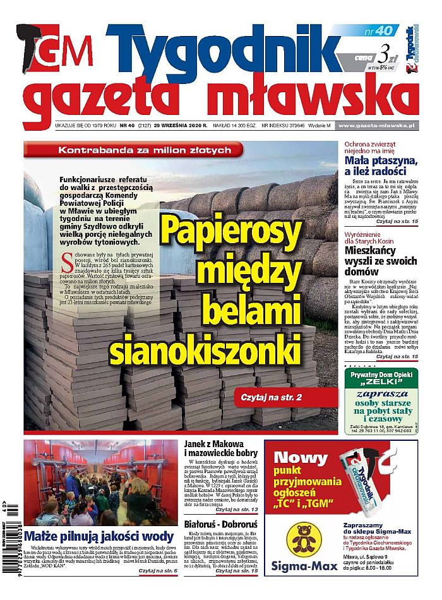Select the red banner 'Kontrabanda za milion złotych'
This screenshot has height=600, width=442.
(145, 150)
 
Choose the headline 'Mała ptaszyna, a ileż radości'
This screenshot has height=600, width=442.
(381, 166)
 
